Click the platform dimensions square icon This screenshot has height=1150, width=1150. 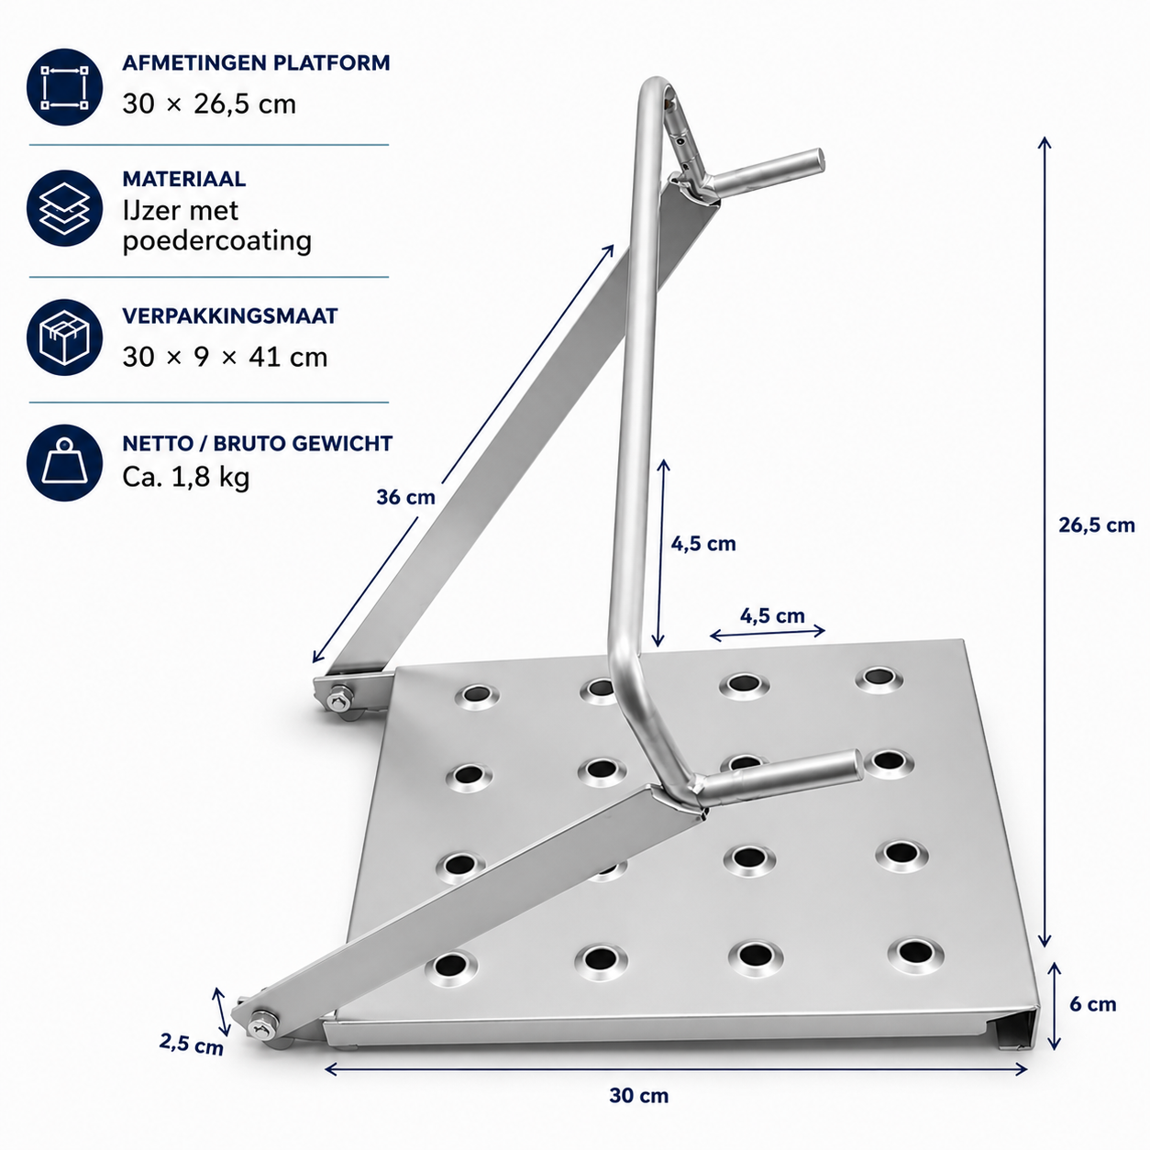coord(64,88)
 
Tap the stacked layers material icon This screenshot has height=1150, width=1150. coord(64,208)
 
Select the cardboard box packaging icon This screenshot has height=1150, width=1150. coord(64,337)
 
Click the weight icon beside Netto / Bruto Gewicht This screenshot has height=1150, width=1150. coord(64,462)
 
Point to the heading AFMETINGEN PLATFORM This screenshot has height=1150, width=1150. coord(256,62)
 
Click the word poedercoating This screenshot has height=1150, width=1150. coord(217,241)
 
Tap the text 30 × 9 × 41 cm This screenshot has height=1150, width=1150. coord(225,357)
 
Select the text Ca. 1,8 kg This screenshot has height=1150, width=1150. coord(185,478)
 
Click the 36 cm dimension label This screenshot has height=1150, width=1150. coord(406,497)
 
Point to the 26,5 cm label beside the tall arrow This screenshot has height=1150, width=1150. coord(1097,525)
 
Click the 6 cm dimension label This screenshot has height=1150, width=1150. coord(1093,1004)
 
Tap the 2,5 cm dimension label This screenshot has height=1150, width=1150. coord(191,1044)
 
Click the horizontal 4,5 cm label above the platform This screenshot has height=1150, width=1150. coord(772,615)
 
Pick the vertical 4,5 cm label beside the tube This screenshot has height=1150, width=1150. coord(703,544)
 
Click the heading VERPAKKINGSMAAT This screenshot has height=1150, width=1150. coord(230,315)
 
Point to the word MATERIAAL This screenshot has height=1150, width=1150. coord(183,179)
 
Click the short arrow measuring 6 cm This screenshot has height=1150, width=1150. coord(1055,1006)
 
